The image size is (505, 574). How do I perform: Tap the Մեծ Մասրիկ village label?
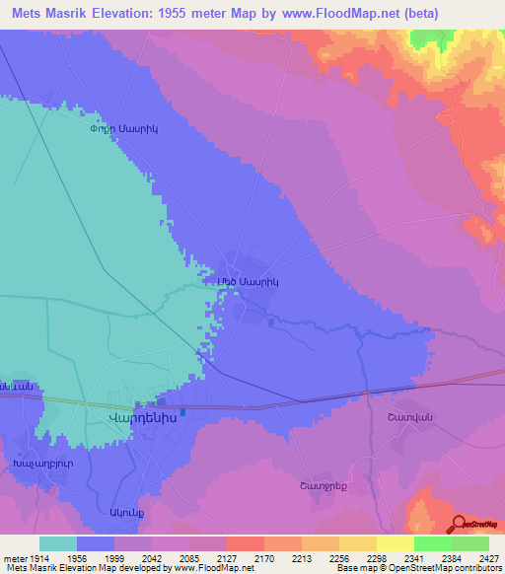tap(249, 281)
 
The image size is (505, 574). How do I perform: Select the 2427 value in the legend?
tap(474, 557)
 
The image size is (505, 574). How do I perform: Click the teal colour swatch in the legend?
tap(58, 543)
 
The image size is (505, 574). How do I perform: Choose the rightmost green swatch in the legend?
tap(469, 543)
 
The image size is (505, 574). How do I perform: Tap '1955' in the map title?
tap(181, 13)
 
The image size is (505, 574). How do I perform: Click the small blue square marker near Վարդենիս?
tap(182, 412)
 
